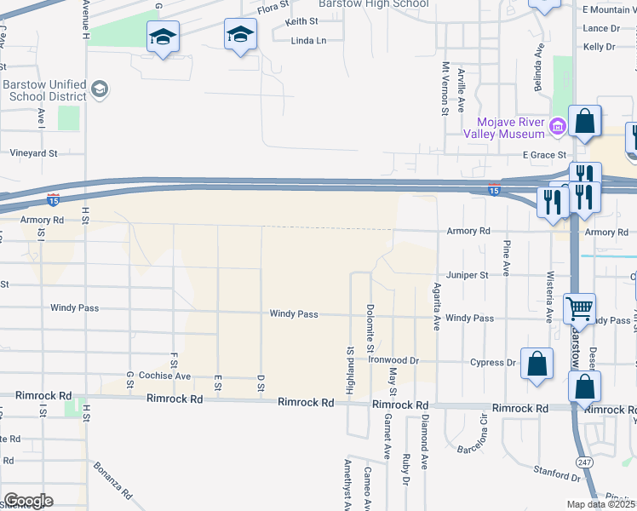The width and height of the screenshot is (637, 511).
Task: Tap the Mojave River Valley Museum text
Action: [504, 128]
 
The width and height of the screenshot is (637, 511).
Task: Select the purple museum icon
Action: [557, 128]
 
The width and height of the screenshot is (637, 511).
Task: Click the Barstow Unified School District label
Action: [43, 91]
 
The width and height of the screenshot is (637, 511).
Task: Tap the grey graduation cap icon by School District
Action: [99, 89]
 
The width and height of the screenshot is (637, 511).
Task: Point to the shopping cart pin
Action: [579, 307]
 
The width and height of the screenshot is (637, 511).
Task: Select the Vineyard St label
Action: [33, 154]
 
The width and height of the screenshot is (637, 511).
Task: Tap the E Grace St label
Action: [544, 155]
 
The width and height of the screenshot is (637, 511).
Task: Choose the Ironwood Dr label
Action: [393, 360]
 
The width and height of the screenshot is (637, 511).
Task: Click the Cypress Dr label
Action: [493, 363]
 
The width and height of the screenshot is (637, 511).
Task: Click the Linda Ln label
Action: [308, 41]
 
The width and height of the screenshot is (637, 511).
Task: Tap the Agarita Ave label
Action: [435, 306]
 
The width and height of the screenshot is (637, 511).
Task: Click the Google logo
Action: [28, 501]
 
